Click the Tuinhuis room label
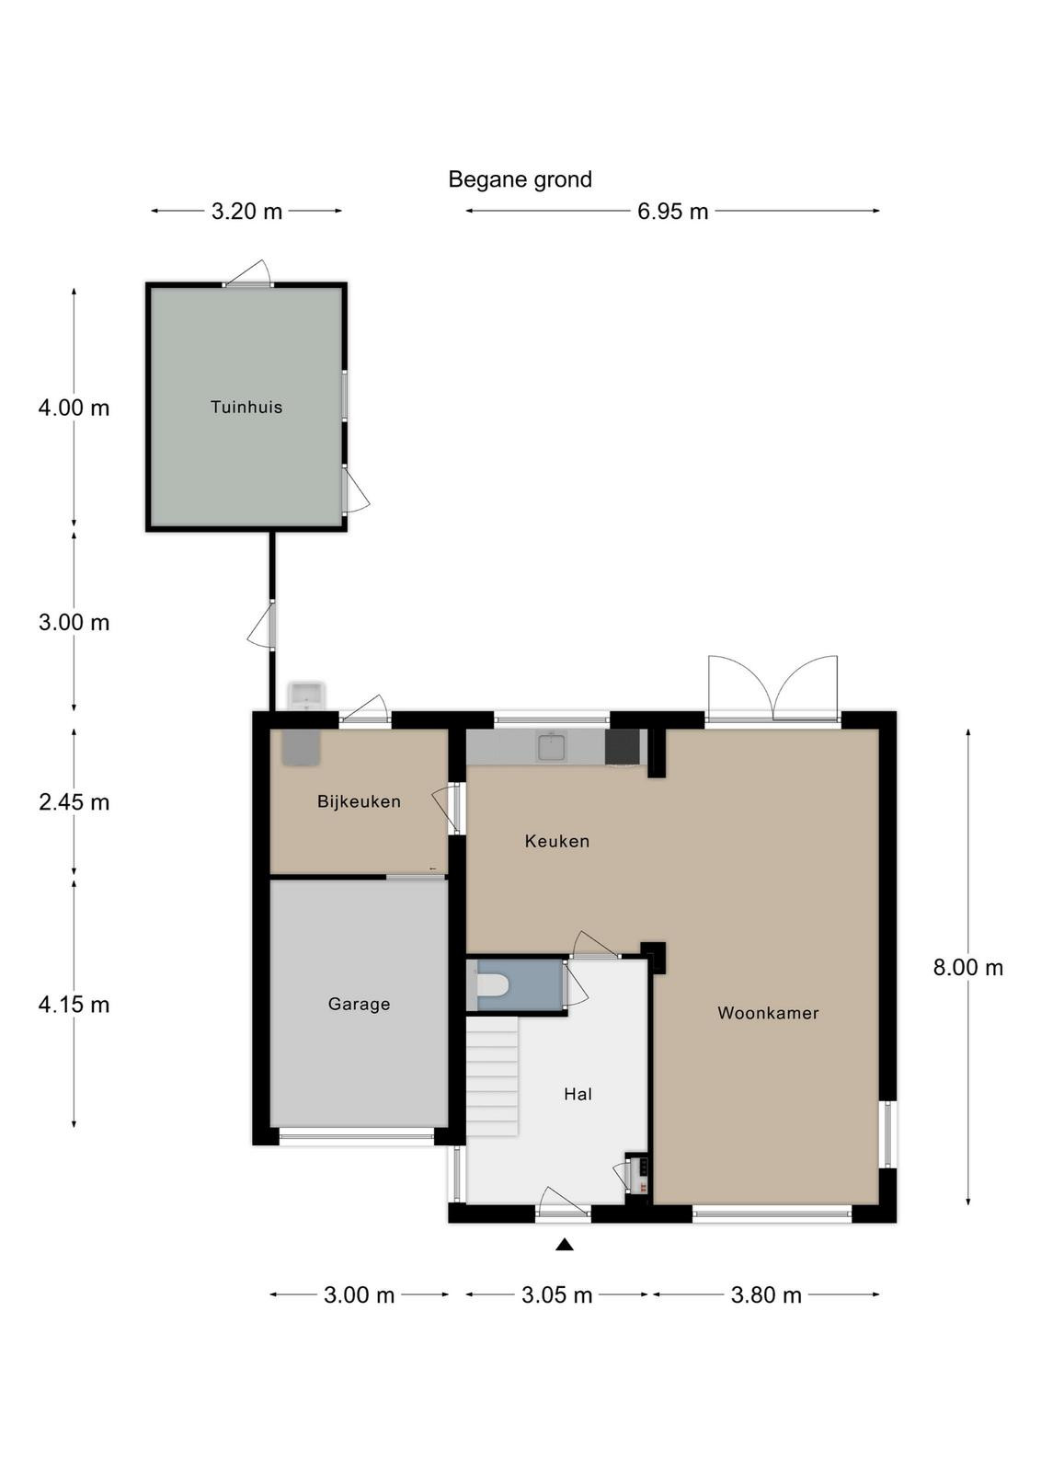(246, 408)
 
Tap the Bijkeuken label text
(359, 801)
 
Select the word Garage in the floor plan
(359, 1004)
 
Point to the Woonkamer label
(768, 1013)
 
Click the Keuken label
(557, 841)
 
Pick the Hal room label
(578, 1094)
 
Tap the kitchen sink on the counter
(550, 746)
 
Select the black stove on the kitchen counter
(622, 747)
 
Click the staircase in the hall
(493, 1075)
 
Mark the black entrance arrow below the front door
(564, 1244)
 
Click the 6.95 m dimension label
(672, 212)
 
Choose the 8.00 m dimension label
(968, 967)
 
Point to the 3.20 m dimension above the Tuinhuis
(246, 212)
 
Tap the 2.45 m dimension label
(74, 802)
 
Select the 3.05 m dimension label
(557, 1295)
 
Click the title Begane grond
(520, 179)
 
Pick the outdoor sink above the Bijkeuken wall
(307, 696)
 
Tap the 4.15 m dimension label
(74, 1005)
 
